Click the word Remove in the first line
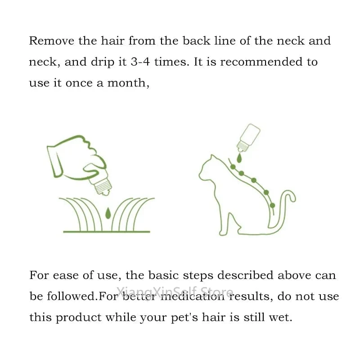pos(52,41)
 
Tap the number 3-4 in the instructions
pos(140,62)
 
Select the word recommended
pos(261,62)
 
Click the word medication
pos(193,296)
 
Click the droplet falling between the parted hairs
pos(108,213)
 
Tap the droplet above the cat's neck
pos(239,158)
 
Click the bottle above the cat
pos(248,138)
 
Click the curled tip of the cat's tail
pos(292,196)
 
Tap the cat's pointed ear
pos(213,158)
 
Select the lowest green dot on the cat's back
pos(272,205)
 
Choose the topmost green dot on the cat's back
pos(233,166)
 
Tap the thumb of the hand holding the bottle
pos(94,171)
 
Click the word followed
pos(71,296)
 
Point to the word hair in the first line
pos(113,41)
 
